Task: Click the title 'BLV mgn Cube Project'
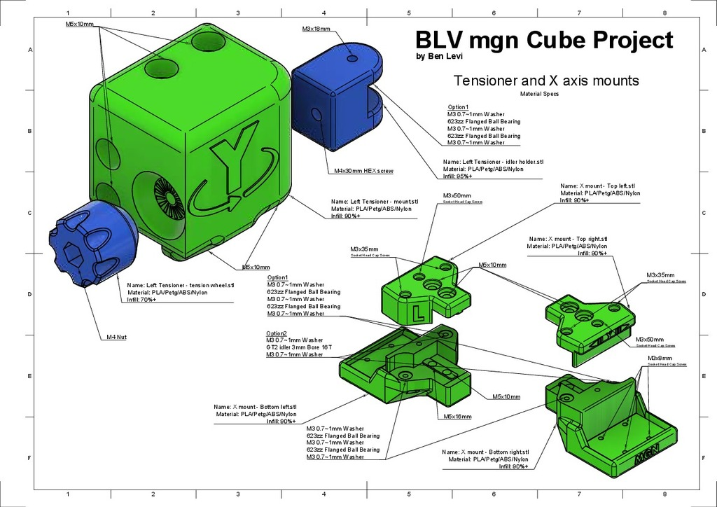(543, 40)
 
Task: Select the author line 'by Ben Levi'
(440, 57)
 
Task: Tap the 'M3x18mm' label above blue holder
(316, 29)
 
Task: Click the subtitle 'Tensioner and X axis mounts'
(546, 81)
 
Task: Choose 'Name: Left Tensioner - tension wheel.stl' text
(181, 286)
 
